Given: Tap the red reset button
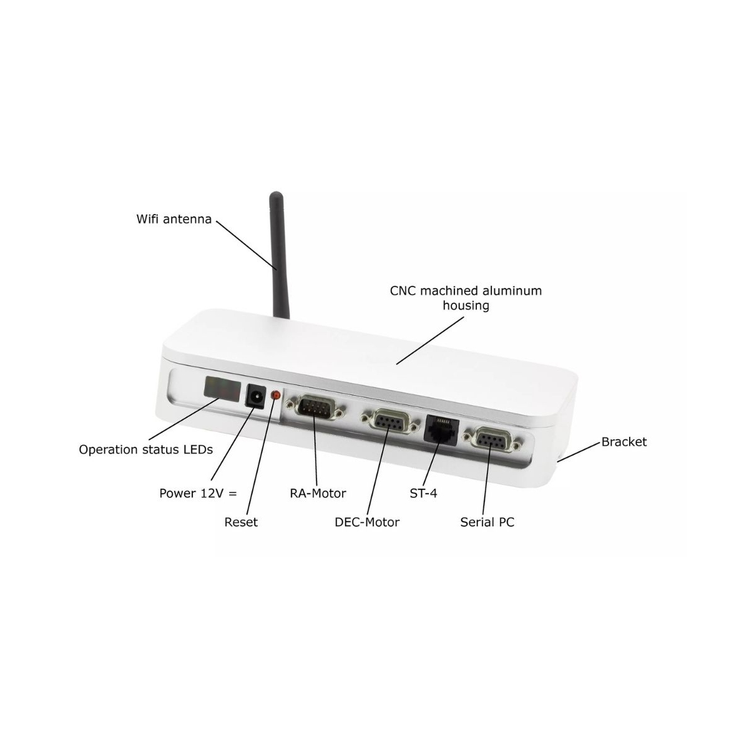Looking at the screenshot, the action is click(276, 395).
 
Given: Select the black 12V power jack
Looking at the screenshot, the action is click(255, 396).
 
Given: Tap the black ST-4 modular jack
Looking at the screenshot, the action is click(441, 428).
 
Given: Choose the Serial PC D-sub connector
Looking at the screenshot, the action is click(491, 441).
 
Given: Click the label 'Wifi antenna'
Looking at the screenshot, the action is click(174, 219).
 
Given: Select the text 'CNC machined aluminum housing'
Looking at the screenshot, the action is click(466, 298).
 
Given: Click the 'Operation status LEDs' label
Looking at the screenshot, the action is click(146, 449).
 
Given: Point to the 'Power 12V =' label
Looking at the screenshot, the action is click(198, 494).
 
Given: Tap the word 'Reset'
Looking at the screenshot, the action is click(241, 522).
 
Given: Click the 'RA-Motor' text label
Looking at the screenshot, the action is click(318, 494).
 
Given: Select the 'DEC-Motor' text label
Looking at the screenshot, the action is click(367, 522).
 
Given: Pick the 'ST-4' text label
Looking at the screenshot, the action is click(423, 494).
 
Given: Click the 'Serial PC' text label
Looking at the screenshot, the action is click(487, 522).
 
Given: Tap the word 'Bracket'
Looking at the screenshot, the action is click(624, 442).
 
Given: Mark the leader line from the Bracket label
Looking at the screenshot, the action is click(579, 452).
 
